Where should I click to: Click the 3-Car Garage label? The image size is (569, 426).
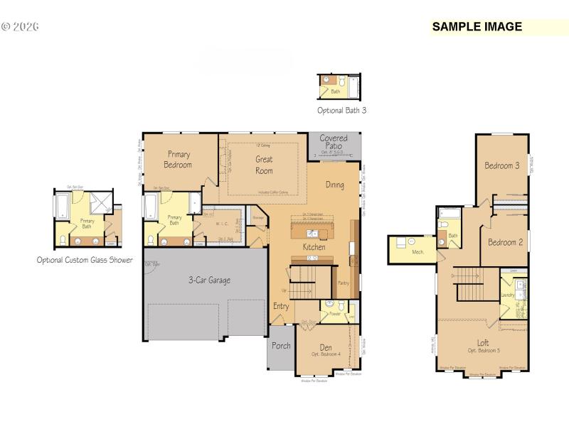pyautogui.click(x=209, y=280)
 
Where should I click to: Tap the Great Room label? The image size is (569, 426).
pyautogui.click(x=264, y=165)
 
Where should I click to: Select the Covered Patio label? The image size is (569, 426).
pyautogui.click(x=333, y=141)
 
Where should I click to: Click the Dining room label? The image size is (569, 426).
pyautogui.click(x=335, y=185)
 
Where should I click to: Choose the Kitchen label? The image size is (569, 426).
pyautogui.click(x=314, y=247)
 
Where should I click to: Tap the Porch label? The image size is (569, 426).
pyautogui.click(x=281, y=346)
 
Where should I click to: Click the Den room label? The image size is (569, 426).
pyautogui.click(x=326, y=347)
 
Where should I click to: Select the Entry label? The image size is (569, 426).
pyautogui.click(x=281, y=306)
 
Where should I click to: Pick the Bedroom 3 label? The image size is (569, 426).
pyautogui.click(x=501, y=165)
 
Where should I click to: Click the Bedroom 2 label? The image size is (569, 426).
pyautogui.click(x=505, y=242)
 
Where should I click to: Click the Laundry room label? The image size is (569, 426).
pyautogui.click(x=508, y=294)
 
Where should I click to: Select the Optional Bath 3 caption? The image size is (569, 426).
pyautogui.click(x=341, y=111)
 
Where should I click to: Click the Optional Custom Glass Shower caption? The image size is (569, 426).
pyautogui.click(x=85, y=260)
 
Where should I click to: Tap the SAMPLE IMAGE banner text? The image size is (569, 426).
pyautogui.click(x=477, y=27)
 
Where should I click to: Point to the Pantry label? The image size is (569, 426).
pyautogui.click(x=343, y=282)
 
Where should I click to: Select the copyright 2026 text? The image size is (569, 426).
pyautogui.click(x=20, y=27)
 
